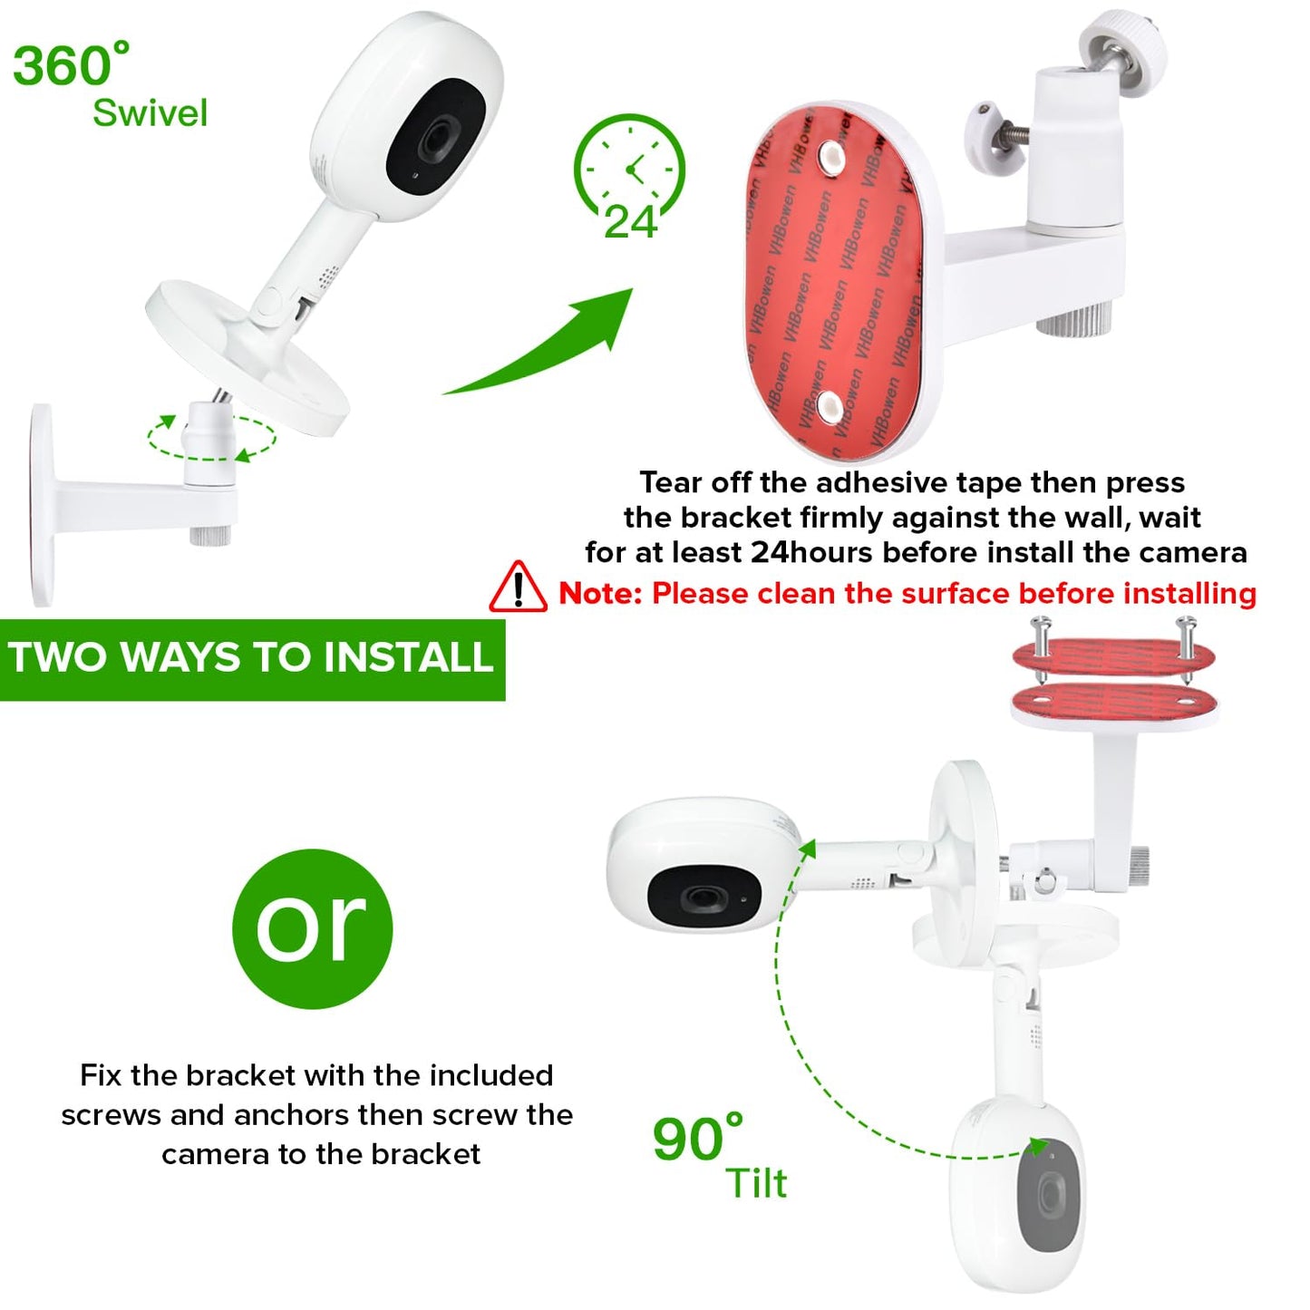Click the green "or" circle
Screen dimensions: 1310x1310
pyautogui.click(x=312, y=928)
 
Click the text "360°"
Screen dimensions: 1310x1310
pyautogui.click(x=71, y=65)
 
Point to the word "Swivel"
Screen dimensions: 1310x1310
pyautogui.click(x=150, y=113)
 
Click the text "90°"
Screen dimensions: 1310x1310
pyautogui.click(x=697, y=1139)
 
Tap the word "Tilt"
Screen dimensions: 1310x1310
pyautogui.click(x=756, y=1184)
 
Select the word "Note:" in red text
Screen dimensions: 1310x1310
pyautogui.click(x=600, y=594)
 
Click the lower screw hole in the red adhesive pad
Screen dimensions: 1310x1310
pyautogui.click(x=830, y=408)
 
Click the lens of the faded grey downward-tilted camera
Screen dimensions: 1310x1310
pyautogui.click(x=1050, y=1195)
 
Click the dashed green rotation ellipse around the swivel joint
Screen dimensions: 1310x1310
pyautogui.click(x=211, y=439)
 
